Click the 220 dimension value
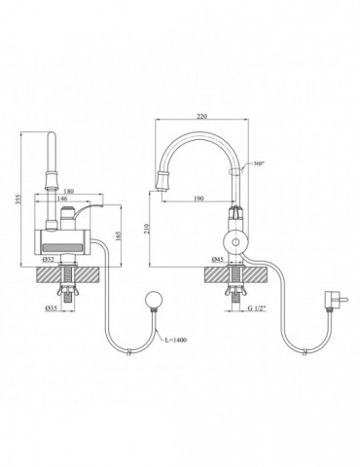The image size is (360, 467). pyautogui.click(x=201, y=117)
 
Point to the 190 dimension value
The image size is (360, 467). pyautogui.click(x=198, y=198)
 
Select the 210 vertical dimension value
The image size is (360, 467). pyautogui.click(x=147, y=229)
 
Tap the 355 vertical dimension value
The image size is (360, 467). pyautogui.click(x=18, y=199)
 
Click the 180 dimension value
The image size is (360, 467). pyautogui.click(x=69, y=192)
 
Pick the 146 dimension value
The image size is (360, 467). pyautogui.click(x=62, y=198)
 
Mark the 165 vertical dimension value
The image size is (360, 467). pyautogui.click(x=118, y=235)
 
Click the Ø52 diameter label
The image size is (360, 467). pyautogui.click(x=48, y=259)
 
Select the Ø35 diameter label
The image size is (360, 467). pyautogui.click(x=52, y=308)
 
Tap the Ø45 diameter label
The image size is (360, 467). pyautogui.click(x=217, y=259)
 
